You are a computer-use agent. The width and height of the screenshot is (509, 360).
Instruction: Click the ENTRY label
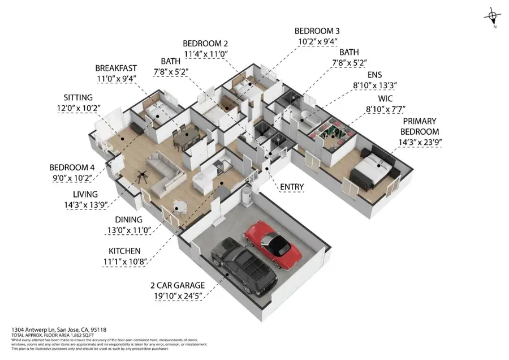[291, 187]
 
